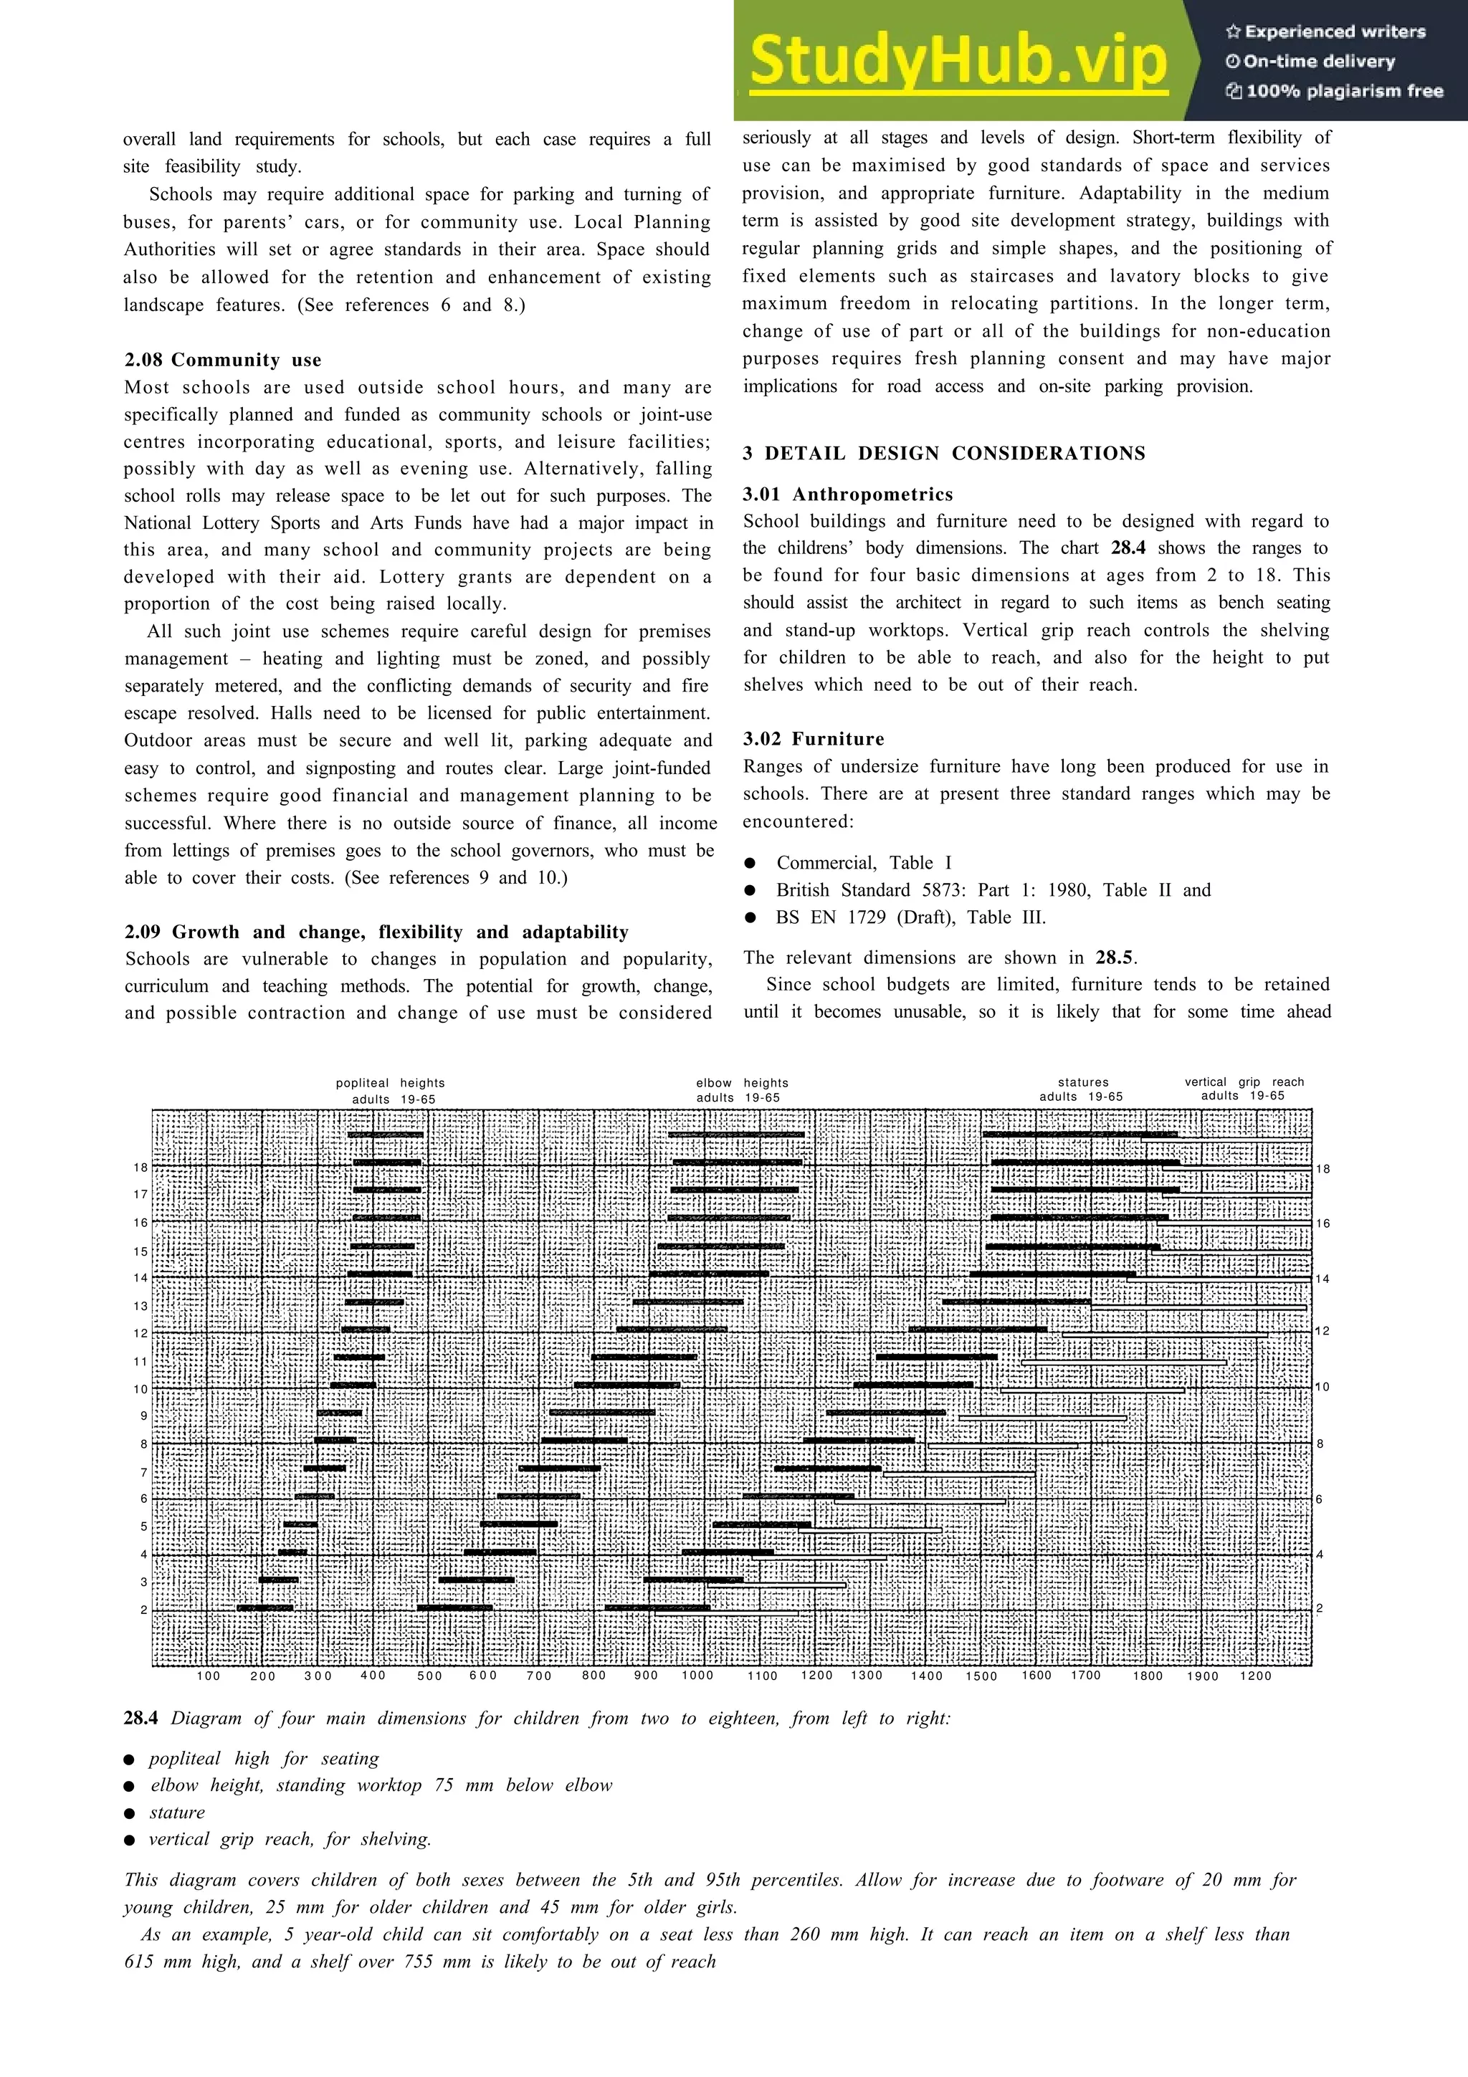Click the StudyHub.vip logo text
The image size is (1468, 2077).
[x=958, y=62]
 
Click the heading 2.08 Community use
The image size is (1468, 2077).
[x=222, y=360]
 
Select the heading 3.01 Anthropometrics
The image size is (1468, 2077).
[x=847, y=494]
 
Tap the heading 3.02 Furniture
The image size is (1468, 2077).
[x=813, y=738]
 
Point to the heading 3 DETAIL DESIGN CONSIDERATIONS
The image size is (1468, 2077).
[x=943, y=453]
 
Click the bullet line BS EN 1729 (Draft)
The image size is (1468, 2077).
[x=910, y=917]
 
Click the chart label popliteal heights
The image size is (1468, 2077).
[x=390, y=1083]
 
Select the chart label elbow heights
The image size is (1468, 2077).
[x=742, y=1083]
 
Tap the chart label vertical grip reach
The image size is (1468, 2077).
[x=1244, y=1082]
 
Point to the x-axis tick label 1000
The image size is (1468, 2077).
[x=697, y=1676]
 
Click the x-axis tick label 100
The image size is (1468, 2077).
[x=208, y=1676]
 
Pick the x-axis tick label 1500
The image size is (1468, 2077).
[x=981, y=1676]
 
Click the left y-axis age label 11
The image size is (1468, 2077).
[x=140, y=1362]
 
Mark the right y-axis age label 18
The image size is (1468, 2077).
[x=1322, y=1169]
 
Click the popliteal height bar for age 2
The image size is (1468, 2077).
[x=265, y=1608]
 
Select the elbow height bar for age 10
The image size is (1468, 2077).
[x=626, y=1385]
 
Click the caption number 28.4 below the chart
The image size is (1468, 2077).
[x=140, y=1718]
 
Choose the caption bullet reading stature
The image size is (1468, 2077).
[x=176, y=1812]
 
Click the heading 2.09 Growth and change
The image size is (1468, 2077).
[x=376, y=932]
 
